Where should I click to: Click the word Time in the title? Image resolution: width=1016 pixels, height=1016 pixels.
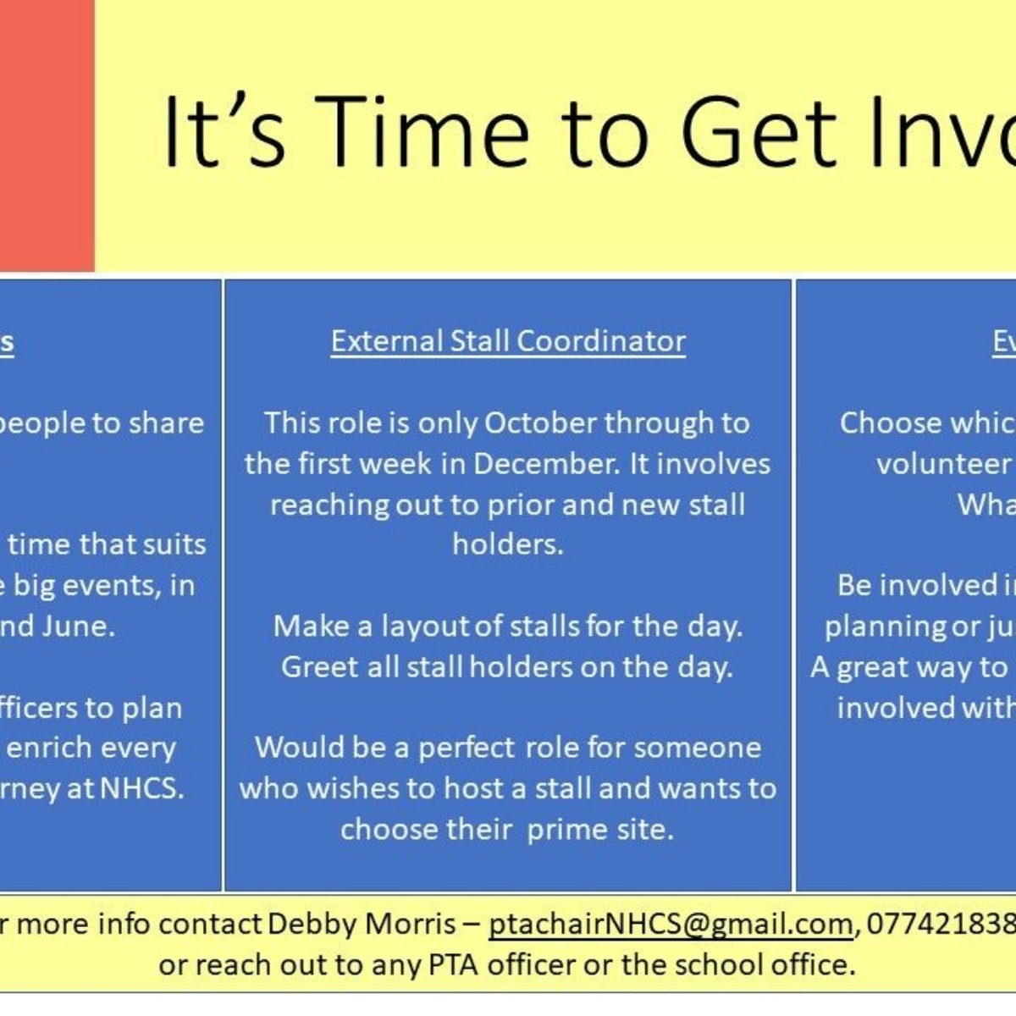[428, 131]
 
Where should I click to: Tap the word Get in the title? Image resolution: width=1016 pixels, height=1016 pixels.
[758, 131]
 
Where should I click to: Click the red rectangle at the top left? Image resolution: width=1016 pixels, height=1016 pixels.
[47, 135]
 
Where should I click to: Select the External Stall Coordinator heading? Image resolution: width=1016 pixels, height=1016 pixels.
[508, 341]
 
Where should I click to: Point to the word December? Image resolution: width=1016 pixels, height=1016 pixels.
[547, 463]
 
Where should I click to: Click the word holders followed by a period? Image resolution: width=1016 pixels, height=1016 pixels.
[507, 544]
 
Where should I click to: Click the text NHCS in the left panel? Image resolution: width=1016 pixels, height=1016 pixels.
[141, 788]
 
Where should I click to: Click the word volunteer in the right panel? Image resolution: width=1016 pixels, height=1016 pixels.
[943, 463]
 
